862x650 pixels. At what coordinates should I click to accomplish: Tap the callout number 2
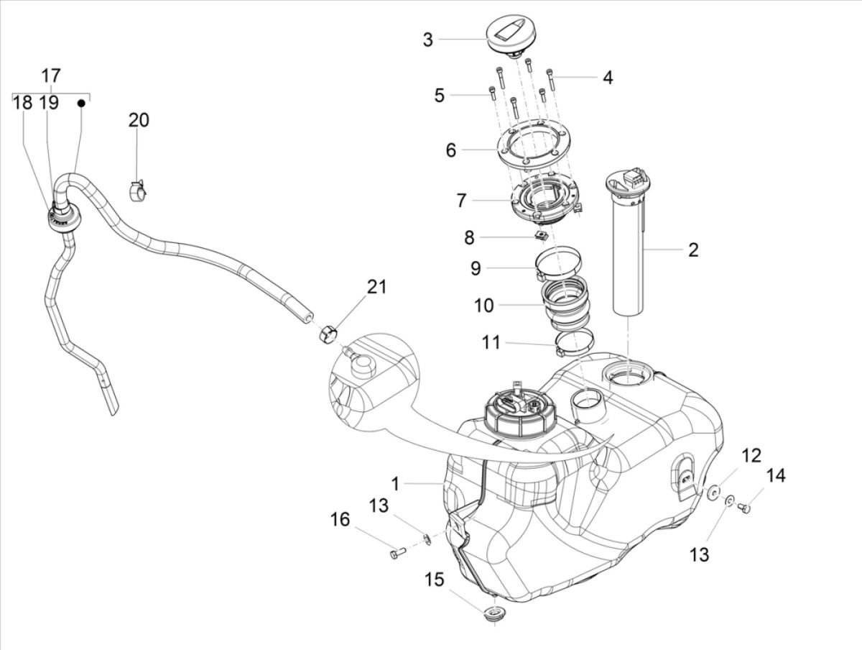pos(692,250)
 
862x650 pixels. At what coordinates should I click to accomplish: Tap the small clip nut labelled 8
pos(543,235)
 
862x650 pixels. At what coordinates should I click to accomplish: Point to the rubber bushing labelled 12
pos(713,492)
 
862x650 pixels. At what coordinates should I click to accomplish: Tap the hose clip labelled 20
pos(137,191)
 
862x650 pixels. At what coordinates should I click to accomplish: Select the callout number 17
pos(51,76)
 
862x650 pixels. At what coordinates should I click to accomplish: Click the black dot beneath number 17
pos(81,103)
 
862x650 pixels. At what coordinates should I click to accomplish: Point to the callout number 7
pos(461,200)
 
